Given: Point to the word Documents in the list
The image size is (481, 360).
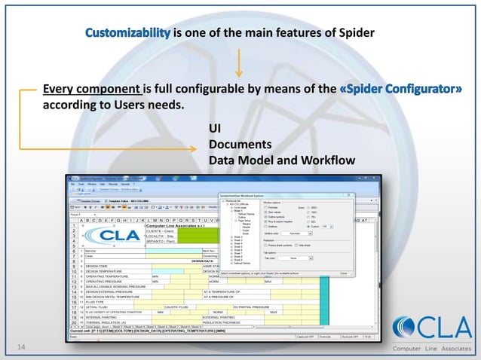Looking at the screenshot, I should [240, 144].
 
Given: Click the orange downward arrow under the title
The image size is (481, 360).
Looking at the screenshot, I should [239, 63].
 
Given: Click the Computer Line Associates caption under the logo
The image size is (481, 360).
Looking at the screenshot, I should [431, 348].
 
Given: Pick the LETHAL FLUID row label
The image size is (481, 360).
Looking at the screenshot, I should [98, 307].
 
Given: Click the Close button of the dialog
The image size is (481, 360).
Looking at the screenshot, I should [343, 273].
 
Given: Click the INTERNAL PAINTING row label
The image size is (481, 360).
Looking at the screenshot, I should [104, 318].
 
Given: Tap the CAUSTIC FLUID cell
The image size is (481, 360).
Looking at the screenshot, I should [179, 307].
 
